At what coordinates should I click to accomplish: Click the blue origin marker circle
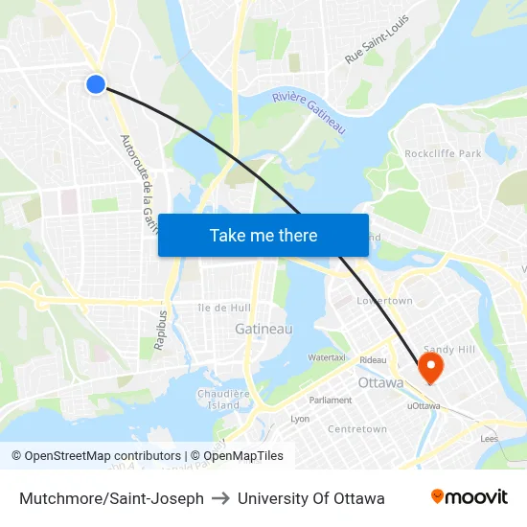[96, 84]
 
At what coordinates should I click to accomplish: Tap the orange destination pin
[429, 366]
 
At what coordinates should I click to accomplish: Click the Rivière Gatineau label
[309, 111]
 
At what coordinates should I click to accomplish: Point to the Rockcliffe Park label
[443, 153]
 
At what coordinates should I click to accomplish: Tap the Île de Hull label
[224, 308]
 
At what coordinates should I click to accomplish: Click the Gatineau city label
[263, 329]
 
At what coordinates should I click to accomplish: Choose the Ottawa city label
[380, 382]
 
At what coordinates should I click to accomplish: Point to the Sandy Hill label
[449, 350]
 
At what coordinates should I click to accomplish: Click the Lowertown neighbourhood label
[384, 301]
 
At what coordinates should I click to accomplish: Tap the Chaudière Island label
[224, 399]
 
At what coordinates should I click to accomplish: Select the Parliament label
[330, 400]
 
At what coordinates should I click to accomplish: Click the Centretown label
[357, 429]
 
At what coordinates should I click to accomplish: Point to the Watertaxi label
[327, 358]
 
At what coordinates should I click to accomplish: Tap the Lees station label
[490, 438]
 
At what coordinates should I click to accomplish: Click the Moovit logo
[469, 497]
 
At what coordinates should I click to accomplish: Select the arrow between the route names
[220, 498]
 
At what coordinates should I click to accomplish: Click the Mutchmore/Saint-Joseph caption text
[111, 498]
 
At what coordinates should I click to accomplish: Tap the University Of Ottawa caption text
[311, 498]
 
